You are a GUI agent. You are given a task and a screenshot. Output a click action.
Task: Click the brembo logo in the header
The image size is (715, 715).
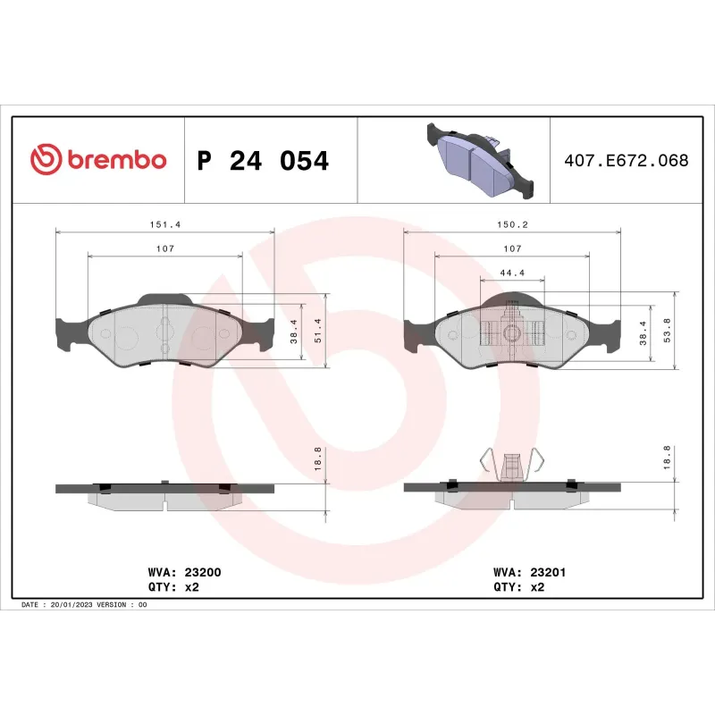[x=98, y=160]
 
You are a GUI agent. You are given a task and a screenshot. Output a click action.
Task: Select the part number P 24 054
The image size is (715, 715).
[x=263, y=161]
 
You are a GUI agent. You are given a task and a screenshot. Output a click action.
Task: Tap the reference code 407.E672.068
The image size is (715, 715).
[x=626, y=161]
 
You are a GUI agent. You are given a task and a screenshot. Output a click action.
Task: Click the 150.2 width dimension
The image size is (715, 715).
[x=512, y=225]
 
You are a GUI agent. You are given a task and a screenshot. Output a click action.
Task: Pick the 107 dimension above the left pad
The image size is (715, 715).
[x=165, y=248]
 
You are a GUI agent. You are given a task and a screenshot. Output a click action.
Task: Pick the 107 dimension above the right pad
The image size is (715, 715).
[x=512, y=248]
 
